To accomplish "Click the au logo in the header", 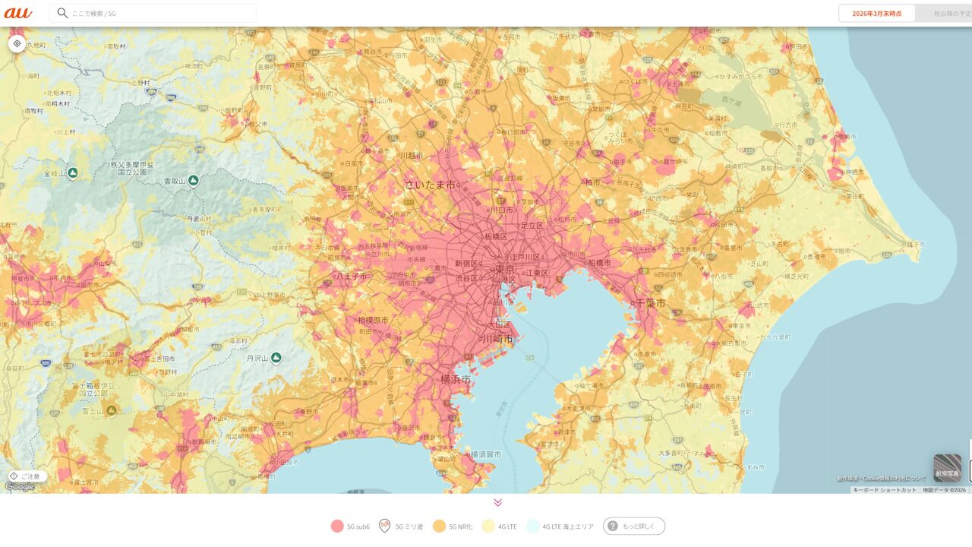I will pos(18,13).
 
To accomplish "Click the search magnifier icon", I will pos(62,13).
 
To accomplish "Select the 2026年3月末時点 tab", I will pos(876,13).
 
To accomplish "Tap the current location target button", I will pos(17,43).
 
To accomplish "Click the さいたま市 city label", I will pos(430,185).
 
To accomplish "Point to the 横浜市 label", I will pos(456,378).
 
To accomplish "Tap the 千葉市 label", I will pos(649,303).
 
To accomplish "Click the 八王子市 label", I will pos(352,276).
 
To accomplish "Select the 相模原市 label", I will pos(373,320).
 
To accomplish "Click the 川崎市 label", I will pos(499,339).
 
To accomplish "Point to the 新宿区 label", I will pos(466,264).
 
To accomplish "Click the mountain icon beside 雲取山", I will pos(194,180).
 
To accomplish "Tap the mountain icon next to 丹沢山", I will pos(276,357).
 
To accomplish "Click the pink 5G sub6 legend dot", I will pos(337,526).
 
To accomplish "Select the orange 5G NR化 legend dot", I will pos(439,526).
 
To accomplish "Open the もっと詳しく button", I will pos(634,526).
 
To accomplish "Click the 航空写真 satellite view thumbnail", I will pos(947,468).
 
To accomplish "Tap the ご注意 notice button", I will pos(26,476).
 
